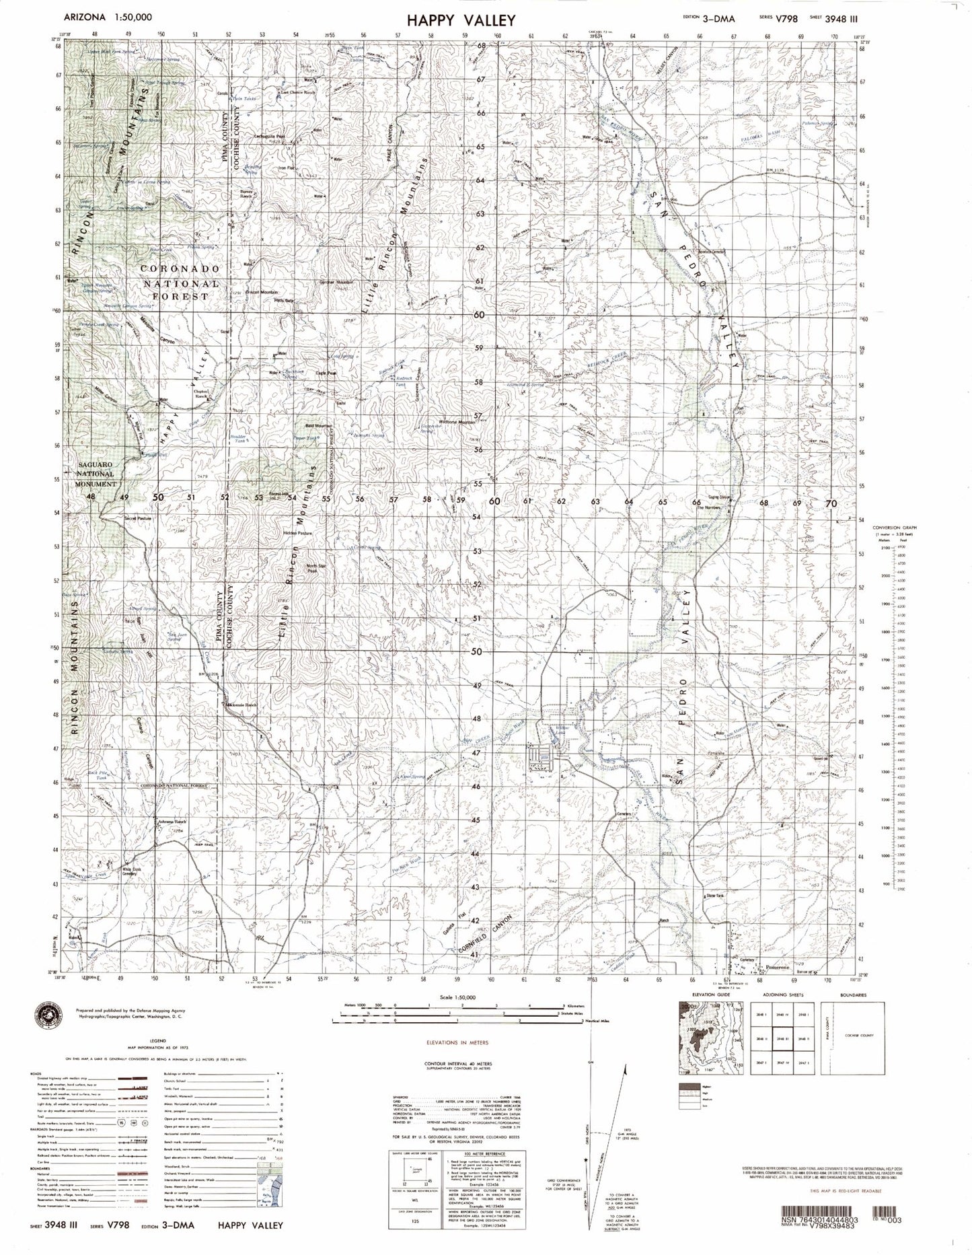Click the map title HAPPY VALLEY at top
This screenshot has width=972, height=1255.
[x=461, y=20]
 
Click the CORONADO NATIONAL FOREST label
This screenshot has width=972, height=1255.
[x=180, y=281]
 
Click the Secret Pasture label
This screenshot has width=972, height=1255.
[x=139, y=519]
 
